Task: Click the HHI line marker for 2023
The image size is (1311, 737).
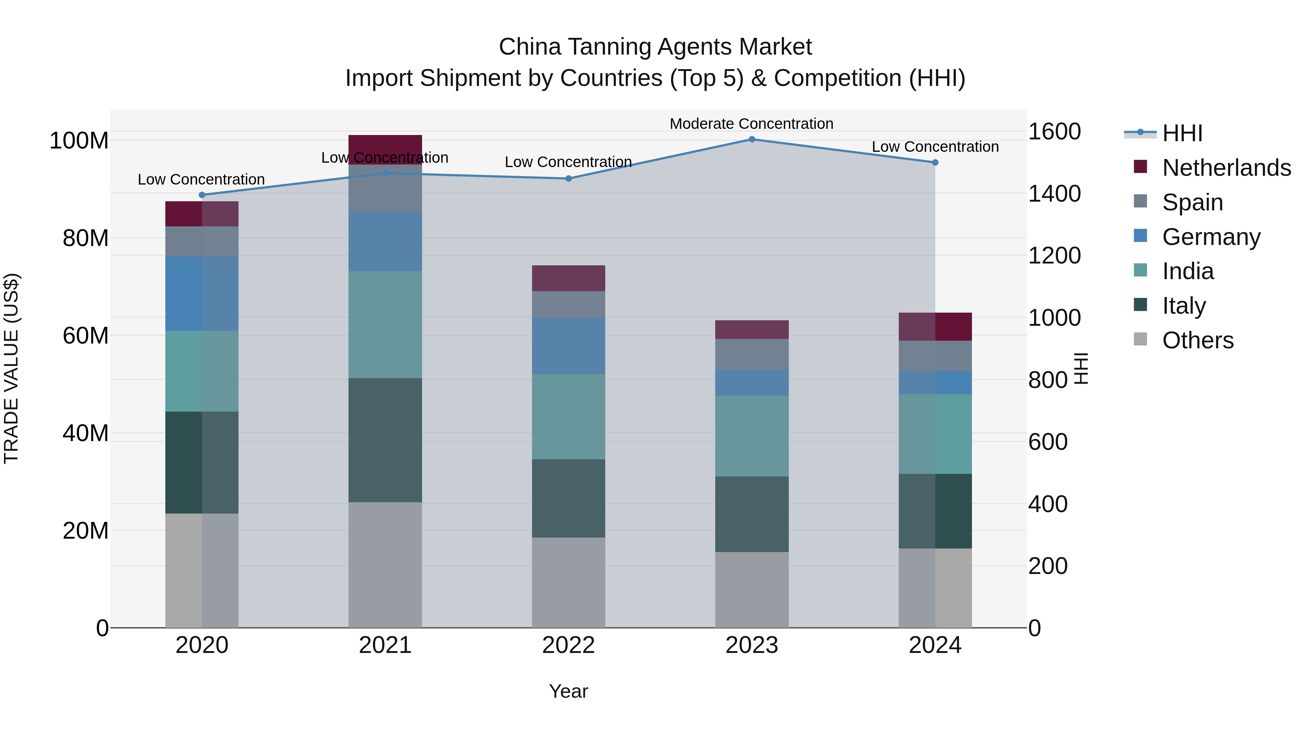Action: pos(752,139)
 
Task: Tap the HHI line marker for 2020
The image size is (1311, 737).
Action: pos(202,195)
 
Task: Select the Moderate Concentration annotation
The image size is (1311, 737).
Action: pos(751,124)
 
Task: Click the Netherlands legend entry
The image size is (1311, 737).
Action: pos(1226,167)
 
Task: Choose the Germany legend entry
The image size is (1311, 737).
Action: pos(1211,237)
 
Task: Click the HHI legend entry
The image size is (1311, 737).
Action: pos(1182,133)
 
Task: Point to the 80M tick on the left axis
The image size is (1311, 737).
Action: pos(86,238)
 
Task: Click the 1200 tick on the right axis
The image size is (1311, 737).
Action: pos(1054,255)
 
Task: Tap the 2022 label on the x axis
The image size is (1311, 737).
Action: pos(568,645)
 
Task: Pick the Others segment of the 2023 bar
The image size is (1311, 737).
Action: pos(752,590)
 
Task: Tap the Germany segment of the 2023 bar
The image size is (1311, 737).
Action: pos(752,383)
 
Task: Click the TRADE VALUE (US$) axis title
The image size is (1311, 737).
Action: pos(11,368)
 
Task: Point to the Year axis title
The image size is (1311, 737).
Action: pos(568,691)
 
